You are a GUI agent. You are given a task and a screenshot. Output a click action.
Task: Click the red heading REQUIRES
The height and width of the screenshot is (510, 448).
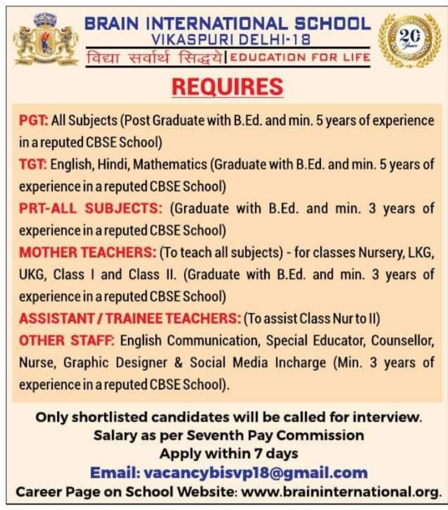coord(227,87)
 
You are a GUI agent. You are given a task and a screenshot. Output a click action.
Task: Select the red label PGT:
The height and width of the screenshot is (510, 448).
coord(33,120)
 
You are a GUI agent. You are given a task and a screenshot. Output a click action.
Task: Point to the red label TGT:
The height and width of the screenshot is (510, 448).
coord(33,164)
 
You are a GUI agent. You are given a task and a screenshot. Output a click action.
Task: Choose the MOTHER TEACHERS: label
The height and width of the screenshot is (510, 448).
coord(88,253)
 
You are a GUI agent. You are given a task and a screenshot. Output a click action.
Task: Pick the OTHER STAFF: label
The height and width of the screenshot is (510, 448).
coord(67,341)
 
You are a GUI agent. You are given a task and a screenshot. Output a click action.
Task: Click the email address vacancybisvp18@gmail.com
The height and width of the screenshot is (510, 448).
coord(256,473)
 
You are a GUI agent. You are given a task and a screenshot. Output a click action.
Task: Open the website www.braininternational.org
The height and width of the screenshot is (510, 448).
coord(341,492)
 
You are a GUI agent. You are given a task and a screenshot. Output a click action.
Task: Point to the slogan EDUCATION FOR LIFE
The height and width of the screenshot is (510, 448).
coord(302,58)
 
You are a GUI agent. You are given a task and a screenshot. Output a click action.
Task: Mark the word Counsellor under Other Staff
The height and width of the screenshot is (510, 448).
coord(401,341)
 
